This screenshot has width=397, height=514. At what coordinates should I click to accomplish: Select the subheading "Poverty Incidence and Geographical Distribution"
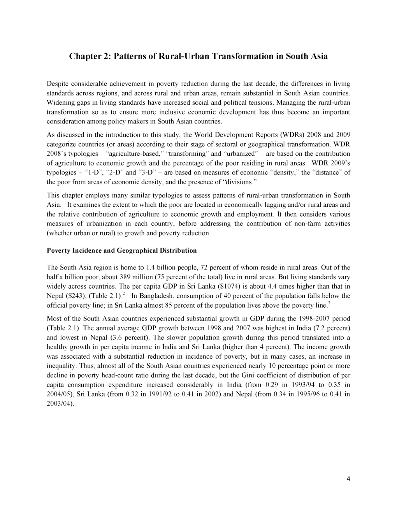(121, 250)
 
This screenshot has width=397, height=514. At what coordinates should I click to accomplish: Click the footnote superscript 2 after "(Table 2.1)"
(124, 294)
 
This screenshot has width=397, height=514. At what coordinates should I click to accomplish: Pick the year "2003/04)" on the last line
(60, 403)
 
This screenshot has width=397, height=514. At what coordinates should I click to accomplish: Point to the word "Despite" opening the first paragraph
(57, 84)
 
